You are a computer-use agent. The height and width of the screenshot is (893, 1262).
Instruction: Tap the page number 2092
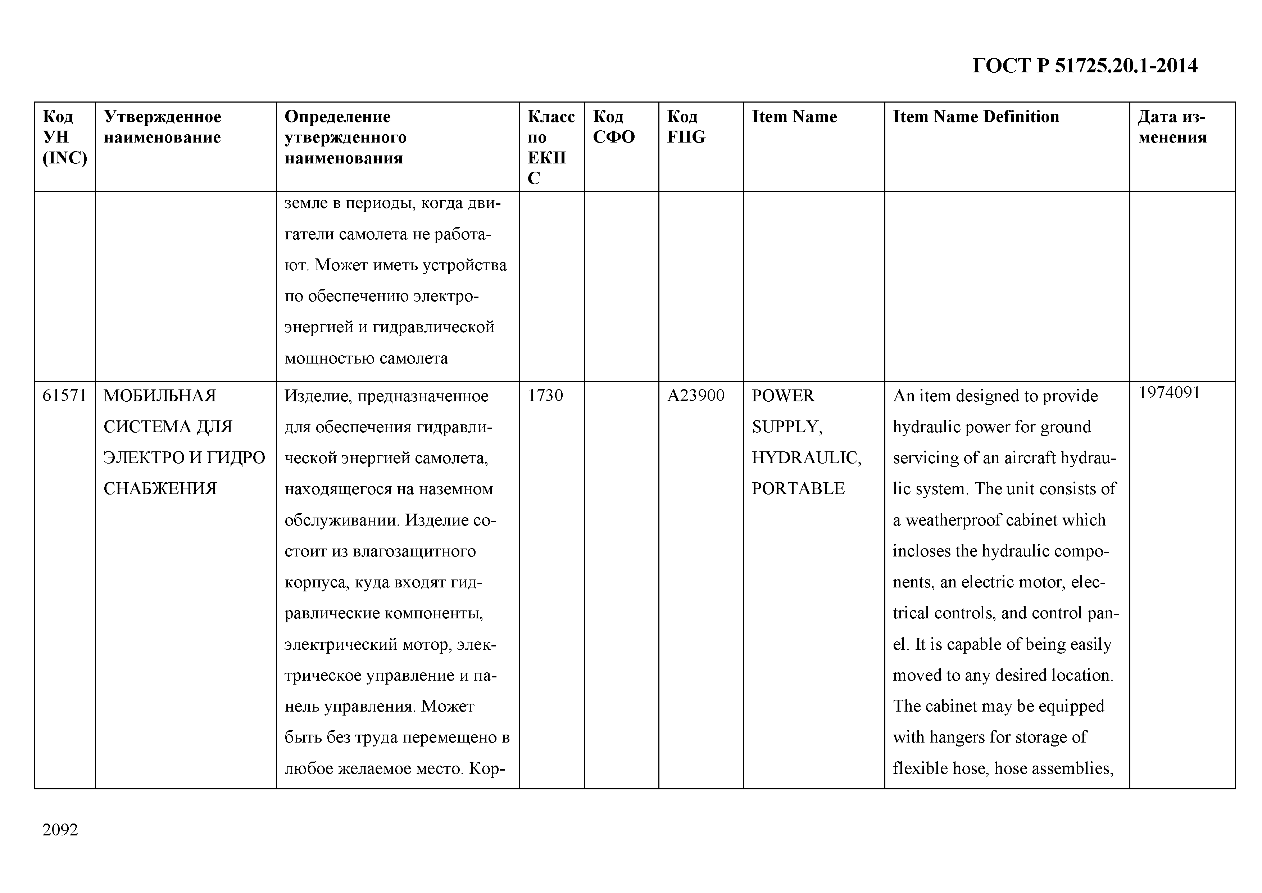click(60, 830)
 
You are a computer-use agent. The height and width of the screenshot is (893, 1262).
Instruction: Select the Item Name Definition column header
click(976, 117)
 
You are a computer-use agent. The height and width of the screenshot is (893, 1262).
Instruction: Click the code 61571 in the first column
click(64, 396)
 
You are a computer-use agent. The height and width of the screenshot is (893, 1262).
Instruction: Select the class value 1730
click(545, 396)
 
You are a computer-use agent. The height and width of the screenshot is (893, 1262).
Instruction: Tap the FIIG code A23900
click(696, 396)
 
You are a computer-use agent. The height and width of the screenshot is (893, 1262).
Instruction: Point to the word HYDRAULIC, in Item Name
click(806, 458)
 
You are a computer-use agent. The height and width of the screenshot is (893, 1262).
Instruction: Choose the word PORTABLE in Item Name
click(798, 489)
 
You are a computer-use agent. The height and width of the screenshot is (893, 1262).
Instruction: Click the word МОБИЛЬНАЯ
click(160, 396)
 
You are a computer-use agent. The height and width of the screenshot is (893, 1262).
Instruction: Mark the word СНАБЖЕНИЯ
click(160, 489)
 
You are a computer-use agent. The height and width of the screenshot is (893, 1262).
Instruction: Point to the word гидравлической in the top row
click(433, 328)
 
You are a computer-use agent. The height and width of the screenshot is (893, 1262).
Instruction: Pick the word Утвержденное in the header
click(163, 117)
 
